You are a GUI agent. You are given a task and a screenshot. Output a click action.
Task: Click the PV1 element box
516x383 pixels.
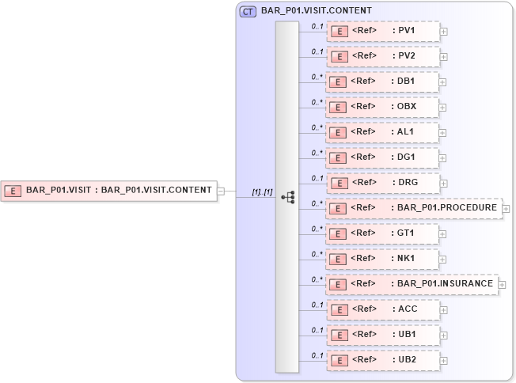point(382,32)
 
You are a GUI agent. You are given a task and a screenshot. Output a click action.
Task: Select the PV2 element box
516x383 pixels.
point(382,57)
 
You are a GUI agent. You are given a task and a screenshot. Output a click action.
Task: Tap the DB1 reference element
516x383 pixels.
point(382,82)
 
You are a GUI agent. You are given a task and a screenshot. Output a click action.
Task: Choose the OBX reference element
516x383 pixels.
point(382,107)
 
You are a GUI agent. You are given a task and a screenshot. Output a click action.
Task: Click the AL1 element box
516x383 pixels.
point(382,132)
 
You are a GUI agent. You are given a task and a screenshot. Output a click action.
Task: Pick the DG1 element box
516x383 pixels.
point(382,157)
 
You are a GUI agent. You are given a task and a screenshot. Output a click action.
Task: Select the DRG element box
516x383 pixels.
point(382,183)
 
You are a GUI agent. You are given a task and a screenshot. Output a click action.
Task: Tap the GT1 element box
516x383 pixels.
point(382,233)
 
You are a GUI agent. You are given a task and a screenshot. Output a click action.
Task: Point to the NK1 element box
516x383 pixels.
point(382,259)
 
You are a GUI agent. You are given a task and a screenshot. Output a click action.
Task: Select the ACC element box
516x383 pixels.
point(382,309)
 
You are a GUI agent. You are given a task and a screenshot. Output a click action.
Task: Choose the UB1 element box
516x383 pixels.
point(382,334)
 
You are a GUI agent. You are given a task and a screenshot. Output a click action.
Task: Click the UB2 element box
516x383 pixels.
point(382,359)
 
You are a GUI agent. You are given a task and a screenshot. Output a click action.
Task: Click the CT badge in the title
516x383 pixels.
point(248,11)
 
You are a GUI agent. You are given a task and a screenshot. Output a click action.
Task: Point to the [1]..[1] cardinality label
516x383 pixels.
point(262,192)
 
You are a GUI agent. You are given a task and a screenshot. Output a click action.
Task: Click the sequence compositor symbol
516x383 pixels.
point(287,197)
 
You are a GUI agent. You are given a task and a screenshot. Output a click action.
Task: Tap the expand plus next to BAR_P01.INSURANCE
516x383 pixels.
point(502,284)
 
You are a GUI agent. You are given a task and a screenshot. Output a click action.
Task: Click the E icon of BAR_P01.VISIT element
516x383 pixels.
point(13,190)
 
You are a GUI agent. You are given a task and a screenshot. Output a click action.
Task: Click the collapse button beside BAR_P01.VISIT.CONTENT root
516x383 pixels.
point(222,190)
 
